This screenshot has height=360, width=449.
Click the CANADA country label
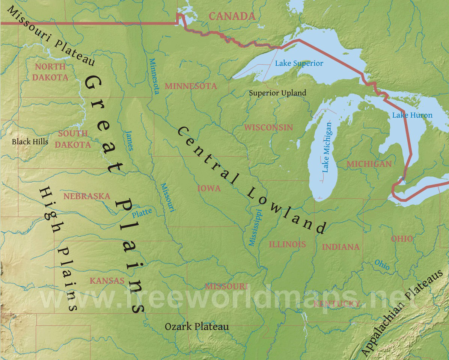coord(232,16)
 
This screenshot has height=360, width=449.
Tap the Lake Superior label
coord(299,63)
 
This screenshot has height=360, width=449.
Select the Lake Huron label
coord(412,115)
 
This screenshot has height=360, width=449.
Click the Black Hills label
coord(30,142)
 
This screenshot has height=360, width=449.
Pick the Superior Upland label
coord(277,93)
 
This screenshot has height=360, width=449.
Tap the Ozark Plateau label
coord(197,327)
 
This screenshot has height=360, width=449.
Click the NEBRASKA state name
coord(87,196)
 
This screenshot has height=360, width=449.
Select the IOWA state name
coord(209,188)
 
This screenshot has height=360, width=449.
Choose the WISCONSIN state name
coord(268,127)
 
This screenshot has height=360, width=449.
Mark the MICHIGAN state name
coord(369,164)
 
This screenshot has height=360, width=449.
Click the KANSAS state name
coord(107,281)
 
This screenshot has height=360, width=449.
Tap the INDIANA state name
coord(341,247)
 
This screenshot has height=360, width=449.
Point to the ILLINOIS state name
coord(287,244)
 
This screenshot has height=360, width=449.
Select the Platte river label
coord(142,213)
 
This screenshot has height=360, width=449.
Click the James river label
coord(129,140)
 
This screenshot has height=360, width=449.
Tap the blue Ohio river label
coord(382,265)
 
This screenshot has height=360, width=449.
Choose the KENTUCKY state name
coord(337,303)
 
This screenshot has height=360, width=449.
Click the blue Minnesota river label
coord(154,76)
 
